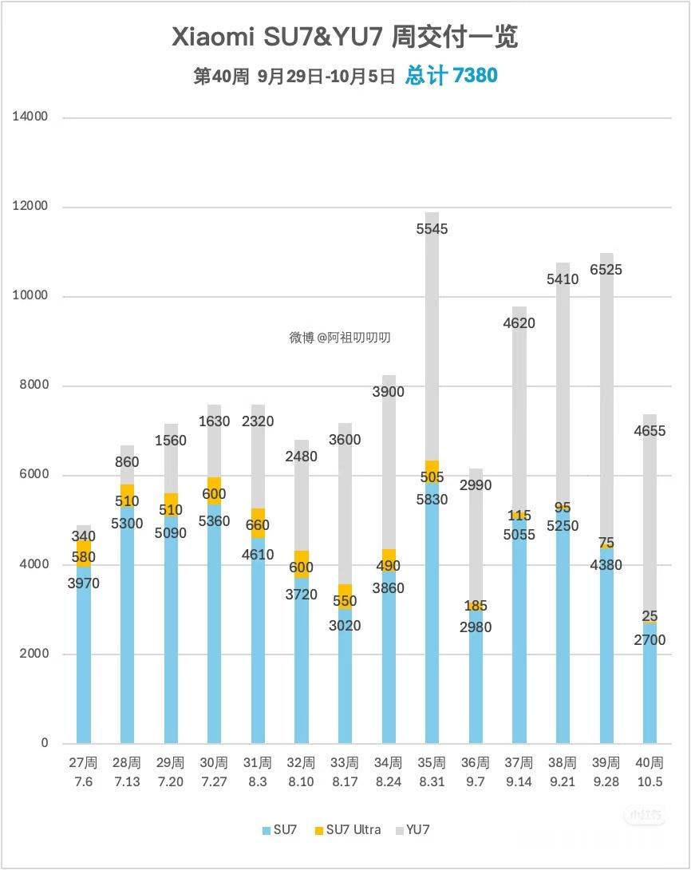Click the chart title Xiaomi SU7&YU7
345,37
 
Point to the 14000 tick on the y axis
30,117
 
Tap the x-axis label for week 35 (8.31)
432,773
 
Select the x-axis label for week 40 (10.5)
650,773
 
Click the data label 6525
606,270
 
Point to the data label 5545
432,229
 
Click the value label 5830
432,500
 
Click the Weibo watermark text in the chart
340,338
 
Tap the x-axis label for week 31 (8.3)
258,773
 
